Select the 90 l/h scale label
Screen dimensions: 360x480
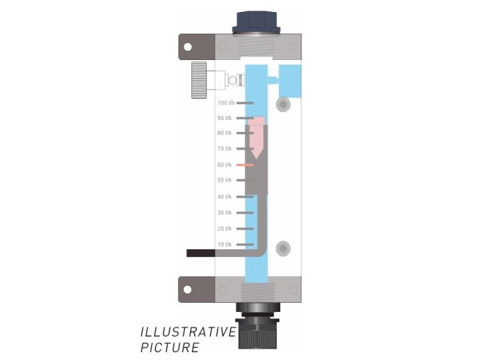coord(225,118)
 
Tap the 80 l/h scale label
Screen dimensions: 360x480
coord(225,133)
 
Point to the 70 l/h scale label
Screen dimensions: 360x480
coord(225,148)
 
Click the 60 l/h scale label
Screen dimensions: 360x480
coord(225,164)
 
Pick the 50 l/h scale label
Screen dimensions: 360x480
coord(225,180)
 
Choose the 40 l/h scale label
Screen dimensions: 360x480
coord(225,196)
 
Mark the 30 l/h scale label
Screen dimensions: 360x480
coord(225,212)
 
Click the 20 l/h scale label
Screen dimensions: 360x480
coord(225,229)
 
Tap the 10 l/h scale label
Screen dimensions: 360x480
coord(225,244)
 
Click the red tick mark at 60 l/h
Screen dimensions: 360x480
coord(245,164)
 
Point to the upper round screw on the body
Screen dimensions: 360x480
coord(283,104)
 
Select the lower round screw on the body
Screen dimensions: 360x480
coord(283,248)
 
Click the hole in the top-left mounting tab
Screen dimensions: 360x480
coord(188,47)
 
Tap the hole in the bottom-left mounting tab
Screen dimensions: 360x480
coord(188,289)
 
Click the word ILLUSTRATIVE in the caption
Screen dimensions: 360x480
coord(187,332)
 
